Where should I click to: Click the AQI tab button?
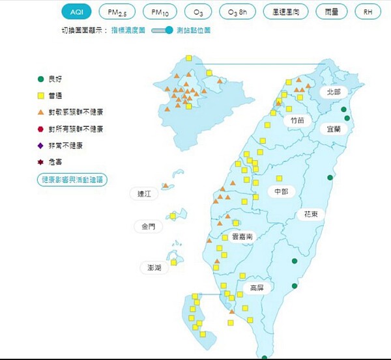click(78, 12)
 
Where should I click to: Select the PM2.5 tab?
click(117, 12)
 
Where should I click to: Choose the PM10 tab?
click(160, 12)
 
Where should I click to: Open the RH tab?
click(368, 12)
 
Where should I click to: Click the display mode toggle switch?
click(164, 30)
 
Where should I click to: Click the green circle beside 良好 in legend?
click(40, 79)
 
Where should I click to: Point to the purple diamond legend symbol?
click(40, 145)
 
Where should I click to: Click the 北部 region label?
click(334, 92)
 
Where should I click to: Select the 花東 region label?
click(311, 214)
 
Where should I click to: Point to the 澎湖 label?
click(154, 268)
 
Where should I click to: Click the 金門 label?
click(149, 227)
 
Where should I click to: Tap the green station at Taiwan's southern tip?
click(265, 357)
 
